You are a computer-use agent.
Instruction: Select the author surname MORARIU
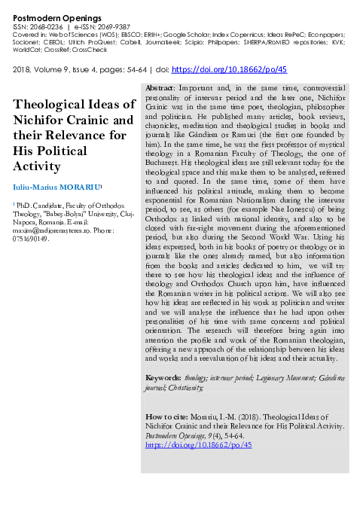click(84, 185)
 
